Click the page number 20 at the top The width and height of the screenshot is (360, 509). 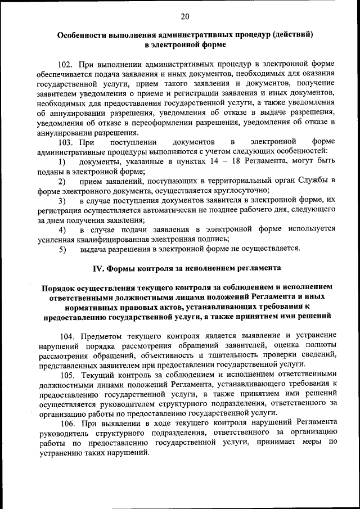(x=185, y=16)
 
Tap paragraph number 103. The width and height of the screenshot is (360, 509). (x=66, y=141)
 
